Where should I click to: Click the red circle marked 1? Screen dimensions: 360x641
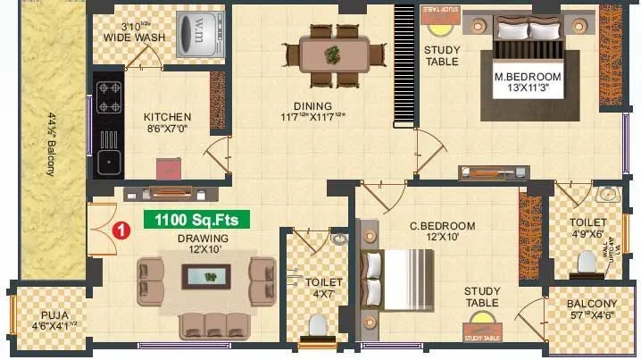123,230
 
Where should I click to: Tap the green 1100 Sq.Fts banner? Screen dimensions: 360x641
197,219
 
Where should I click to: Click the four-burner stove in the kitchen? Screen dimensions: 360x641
109,96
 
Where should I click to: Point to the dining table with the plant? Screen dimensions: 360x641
334,54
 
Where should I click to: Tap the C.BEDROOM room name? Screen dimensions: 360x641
442,226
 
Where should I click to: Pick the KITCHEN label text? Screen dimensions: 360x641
167,117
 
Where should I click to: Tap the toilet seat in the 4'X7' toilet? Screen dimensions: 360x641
317,325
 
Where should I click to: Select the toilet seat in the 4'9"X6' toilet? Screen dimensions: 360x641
587,262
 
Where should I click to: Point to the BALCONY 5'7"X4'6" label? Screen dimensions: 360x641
591,309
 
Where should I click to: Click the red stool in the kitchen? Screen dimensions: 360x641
166,169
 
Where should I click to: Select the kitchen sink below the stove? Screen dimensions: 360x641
109,162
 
